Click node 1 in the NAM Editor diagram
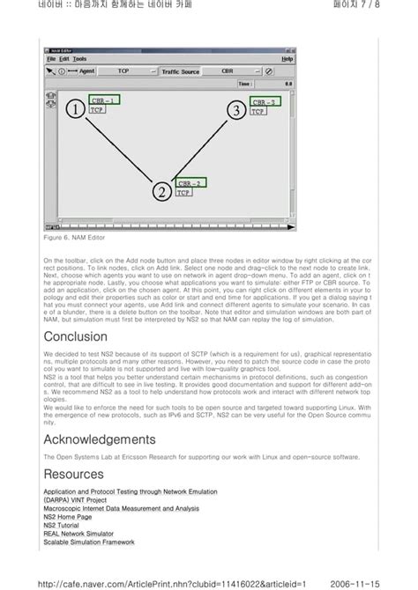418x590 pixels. (75, 109)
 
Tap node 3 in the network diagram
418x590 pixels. (235, 110)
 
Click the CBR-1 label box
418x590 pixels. (103, 100)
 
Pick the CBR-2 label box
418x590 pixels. (190, 183)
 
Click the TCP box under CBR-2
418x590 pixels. (183, 193)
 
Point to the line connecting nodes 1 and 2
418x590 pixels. (119, 151)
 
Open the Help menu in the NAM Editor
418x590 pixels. (287, 59)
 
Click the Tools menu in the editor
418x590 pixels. (80, 59)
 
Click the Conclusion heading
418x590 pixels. (76, 336)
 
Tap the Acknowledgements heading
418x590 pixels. (100, 439)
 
